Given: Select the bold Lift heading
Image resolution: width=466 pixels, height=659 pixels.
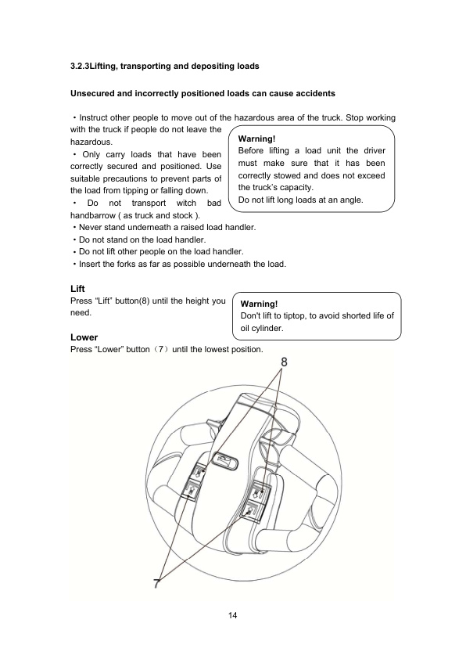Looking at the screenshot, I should (x=77, y=289).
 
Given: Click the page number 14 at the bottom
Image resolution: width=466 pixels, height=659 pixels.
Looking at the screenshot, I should (x=233, y=615).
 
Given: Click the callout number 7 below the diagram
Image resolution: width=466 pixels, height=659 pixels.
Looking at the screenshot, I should (x=157, y=581).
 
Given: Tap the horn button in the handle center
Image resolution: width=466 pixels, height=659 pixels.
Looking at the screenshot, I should (x=225, y=461).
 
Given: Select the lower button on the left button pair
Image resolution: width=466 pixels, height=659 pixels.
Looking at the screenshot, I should (x=190, y=491).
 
